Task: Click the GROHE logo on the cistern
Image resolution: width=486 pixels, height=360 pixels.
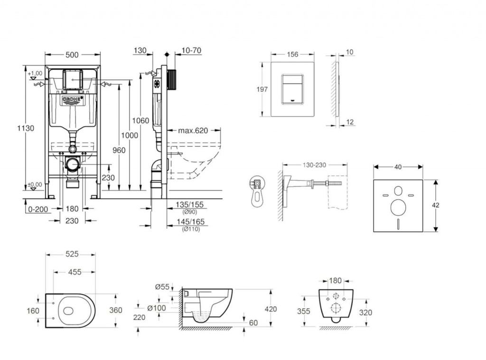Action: tap(73, 99)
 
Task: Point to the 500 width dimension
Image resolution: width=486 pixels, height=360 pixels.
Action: tap(72, 55)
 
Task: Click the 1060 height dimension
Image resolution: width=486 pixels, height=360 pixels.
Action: tap(141, 120)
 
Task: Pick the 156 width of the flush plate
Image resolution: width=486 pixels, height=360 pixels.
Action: tap(293, 54)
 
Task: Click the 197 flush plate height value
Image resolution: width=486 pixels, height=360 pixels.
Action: tap(262, 89)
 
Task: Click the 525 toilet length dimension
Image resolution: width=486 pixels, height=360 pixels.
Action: tap(71, 255)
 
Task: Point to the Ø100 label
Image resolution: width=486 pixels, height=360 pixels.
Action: tap(157, 308)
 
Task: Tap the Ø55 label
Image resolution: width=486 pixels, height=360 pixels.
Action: tap(162, 286)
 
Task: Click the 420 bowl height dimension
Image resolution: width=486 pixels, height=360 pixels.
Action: tap(271, 309)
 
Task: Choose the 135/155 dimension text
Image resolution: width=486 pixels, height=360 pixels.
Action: tap(190, 205)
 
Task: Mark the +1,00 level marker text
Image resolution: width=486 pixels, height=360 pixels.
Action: tap(35, 74)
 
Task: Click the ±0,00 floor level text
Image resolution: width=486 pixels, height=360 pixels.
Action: tap(35, 185)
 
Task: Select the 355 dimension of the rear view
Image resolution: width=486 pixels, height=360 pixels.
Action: tap(303, 312)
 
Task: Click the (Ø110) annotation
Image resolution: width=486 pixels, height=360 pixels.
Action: tap(191, 229)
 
